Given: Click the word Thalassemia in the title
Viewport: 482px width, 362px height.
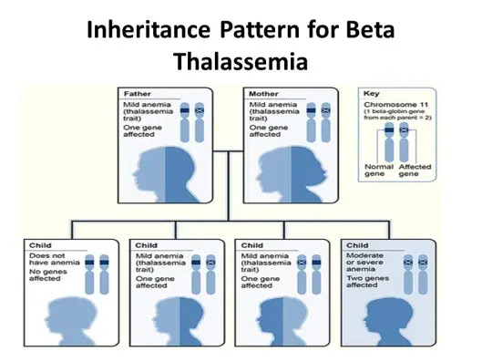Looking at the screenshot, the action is click(241, 61).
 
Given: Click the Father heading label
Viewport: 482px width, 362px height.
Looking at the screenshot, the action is click(138, 94).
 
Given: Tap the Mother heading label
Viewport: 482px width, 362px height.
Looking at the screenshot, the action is click(263, 94).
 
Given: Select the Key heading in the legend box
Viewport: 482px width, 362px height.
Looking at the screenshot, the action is click(372, 94).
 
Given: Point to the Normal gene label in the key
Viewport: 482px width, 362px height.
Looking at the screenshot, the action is click(379, 171).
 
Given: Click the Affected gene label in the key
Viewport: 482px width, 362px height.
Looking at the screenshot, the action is click(415, 171).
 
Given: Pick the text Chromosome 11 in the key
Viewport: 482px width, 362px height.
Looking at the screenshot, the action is click(396, 105).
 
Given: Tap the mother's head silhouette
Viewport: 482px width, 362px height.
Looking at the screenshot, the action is click(292, 174).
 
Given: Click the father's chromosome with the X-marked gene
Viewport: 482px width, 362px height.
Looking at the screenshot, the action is click(200, 122).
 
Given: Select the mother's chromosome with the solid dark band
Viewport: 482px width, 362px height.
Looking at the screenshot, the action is click(311, 122).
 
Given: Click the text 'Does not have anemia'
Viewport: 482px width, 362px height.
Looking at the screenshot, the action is click(55, 259).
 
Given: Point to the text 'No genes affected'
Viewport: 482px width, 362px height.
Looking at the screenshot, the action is click(48, 275).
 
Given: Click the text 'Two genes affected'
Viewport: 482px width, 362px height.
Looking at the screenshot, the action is click(367, 282).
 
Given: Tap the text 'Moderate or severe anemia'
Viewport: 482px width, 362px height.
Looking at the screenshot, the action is click(364, 262).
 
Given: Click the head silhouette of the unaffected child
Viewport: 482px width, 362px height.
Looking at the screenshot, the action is click(71, 321).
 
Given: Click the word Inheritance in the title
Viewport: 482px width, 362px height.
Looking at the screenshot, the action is click(149, 29).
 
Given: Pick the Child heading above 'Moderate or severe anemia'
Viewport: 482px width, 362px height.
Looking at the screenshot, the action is click(357, 245).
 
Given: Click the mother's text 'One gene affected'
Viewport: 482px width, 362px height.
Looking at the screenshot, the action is click(269, 130).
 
